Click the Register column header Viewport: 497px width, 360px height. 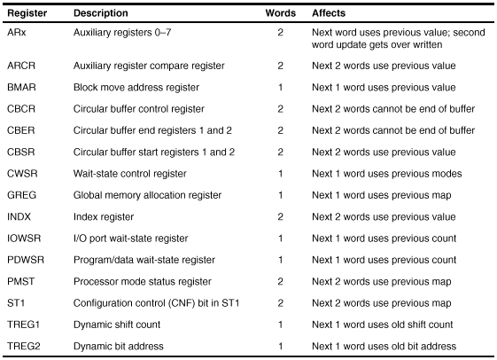(27, 13)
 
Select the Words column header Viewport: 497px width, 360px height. (281, 13)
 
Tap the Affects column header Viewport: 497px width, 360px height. (329, 13)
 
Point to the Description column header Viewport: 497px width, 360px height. (101, 13)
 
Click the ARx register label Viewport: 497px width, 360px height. (17, 32)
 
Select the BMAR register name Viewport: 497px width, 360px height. (21, 87)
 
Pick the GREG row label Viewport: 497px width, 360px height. (21, 195)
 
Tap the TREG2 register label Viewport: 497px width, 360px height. (24, 346)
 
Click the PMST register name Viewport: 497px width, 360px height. (21, 281)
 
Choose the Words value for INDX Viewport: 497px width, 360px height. (280, 216)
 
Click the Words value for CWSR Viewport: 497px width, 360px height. (280, 174)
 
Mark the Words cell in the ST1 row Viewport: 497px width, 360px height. (280, 303)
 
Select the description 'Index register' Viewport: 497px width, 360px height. (104, 217)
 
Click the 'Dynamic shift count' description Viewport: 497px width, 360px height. (117, 325)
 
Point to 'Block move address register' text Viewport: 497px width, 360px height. (136, 88)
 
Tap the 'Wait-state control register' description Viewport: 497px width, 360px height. (130, 174)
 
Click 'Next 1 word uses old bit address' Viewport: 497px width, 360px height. (384, 346)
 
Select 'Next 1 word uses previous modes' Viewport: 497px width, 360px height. (387, 174)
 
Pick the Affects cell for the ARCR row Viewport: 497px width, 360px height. (384, 66)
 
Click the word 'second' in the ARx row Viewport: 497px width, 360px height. (470, 32)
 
